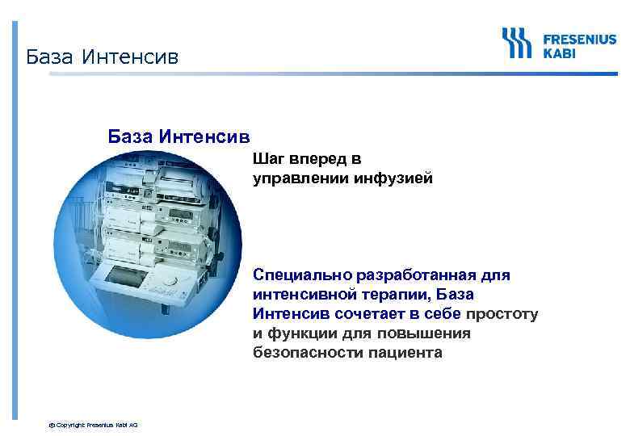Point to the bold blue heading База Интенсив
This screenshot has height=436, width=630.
coord(178,134)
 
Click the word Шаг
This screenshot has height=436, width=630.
coord(269,159)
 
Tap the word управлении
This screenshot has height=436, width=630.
coord(300,178)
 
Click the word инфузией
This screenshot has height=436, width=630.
coord(393,178)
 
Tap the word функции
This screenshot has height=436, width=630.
coord(299,333)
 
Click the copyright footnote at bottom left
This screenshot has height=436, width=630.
coord(93,425)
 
